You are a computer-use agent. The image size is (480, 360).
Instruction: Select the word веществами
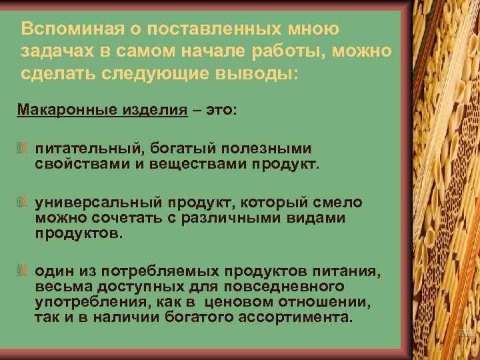(x=176, y=163)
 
